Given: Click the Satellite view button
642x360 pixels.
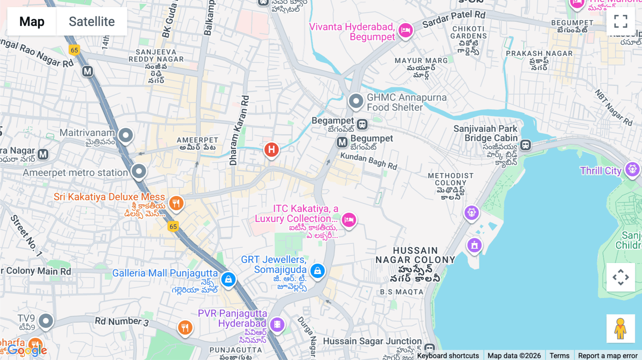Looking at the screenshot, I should [x=92, y=21].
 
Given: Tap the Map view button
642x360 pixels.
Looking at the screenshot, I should [x=32, y=21].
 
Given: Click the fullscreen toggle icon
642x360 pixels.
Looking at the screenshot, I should [x=621, y=21].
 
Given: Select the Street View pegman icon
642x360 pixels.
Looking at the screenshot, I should [x=620, y=329].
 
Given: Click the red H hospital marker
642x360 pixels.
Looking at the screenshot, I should [x=271, y=150].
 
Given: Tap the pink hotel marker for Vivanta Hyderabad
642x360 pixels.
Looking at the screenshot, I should [x=406, y=30].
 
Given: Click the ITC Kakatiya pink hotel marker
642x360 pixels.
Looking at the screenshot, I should [x=349, y=220].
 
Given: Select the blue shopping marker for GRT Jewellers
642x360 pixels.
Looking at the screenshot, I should [x=317, y=271].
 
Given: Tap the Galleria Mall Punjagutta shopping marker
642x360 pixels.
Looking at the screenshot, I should [x=228, y=279].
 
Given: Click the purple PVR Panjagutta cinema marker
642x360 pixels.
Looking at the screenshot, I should [x=277, y=324].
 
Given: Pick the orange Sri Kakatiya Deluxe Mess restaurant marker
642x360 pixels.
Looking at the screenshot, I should [x=176, y=204].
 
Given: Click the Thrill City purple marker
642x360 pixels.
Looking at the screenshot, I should [x=632, y=169].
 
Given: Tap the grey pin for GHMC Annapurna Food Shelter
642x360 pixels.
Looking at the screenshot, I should [x=356, y=101].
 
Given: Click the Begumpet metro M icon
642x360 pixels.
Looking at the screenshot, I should [x=342, y=143].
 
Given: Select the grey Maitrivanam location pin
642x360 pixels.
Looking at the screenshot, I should [x=126, y=135].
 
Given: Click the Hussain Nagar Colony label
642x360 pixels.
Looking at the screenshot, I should [x=415, y=255].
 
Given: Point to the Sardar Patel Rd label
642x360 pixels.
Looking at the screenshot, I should [x=454, y=19].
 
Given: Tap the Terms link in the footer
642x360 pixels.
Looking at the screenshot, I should [x=559, y=355].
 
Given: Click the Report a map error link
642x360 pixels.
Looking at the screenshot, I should [x=607, y=355].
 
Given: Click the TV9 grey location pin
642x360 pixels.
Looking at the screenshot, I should [x=46, y=321].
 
